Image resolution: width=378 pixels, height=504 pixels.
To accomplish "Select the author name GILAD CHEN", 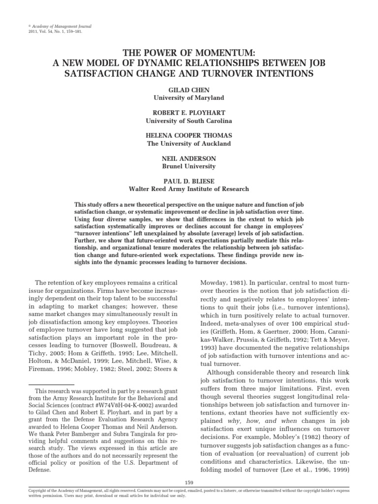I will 189,90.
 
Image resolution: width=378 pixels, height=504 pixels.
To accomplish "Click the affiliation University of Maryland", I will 189,97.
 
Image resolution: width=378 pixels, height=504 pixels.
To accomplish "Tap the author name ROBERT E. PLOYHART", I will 189,113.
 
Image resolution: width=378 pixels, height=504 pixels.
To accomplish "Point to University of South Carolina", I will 189,121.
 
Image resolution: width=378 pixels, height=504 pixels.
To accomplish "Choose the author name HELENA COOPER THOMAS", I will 189,136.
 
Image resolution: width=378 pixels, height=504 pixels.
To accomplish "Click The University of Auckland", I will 189,144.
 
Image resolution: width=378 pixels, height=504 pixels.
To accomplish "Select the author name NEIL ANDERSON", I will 189,159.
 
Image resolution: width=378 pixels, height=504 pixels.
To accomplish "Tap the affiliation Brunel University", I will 189,167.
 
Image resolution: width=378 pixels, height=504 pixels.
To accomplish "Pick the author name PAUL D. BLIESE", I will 189,181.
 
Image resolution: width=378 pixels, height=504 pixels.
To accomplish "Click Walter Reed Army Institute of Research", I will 189,189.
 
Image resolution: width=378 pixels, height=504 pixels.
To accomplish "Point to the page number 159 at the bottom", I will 189,481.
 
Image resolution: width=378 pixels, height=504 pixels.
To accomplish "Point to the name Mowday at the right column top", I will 213,283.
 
